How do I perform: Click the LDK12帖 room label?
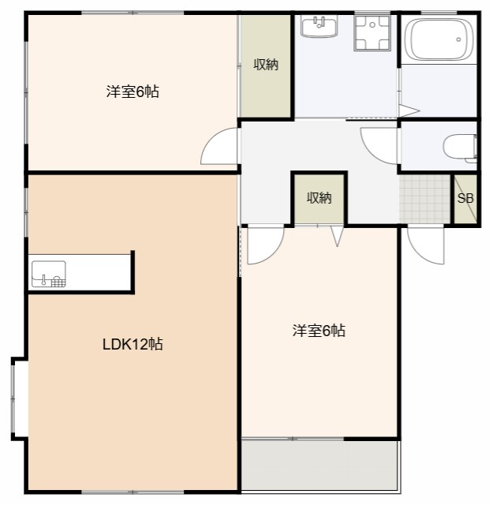(x=133, y=344)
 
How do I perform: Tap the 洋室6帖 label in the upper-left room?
(x=133, y=92)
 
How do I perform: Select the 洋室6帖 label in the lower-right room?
(x=319, y=331)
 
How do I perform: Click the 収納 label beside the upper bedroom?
(x=266, y=65)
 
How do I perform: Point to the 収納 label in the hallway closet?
(x=319, y=198)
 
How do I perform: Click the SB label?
(x=465, y=198)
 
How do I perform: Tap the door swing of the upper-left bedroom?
(x=221, y=147)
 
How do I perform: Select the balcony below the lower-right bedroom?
(x=319, y=465)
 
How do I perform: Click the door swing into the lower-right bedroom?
(x=263, y=245)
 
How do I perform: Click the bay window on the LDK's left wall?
(x=19, y=398)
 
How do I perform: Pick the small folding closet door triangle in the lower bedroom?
(x=337, y=236)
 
